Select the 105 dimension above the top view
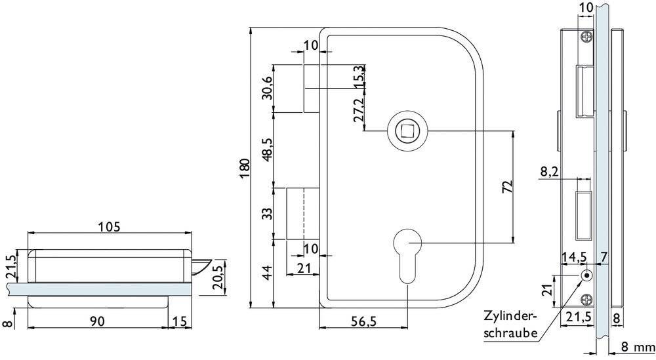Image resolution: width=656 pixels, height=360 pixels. (x=108, y=227)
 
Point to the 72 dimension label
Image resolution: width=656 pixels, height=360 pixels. (x=506, y=186)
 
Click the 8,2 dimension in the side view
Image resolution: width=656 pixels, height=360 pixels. (x=550, y=172)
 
